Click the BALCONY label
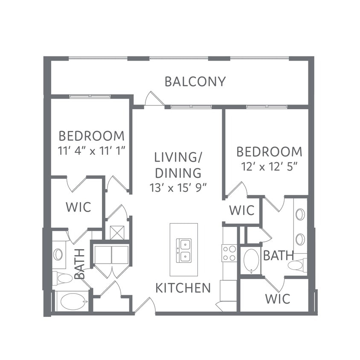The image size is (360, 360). point(195,82)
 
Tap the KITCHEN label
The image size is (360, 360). point(183,288)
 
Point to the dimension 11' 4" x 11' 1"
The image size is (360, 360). point(91,151)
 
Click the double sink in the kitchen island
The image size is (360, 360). point(184,250)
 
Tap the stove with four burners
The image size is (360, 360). point(229,253)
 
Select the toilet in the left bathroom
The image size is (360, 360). point(62,279)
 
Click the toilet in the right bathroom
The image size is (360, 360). point(297,265)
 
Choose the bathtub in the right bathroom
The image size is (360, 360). point(251,261)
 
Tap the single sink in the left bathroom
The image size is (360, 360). point(58,254)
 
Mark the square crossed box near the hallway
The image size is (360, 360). point(117,233)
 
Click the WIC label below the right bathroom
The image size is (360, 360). point(278,299)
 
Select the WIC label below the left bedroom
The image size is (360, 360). point(78,207)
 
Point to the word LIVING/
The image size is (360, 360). point(178,157)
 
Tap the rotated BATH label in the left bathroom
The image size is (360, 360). point(80,264)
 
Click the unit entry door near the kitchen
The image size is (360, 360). point(145,305)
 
